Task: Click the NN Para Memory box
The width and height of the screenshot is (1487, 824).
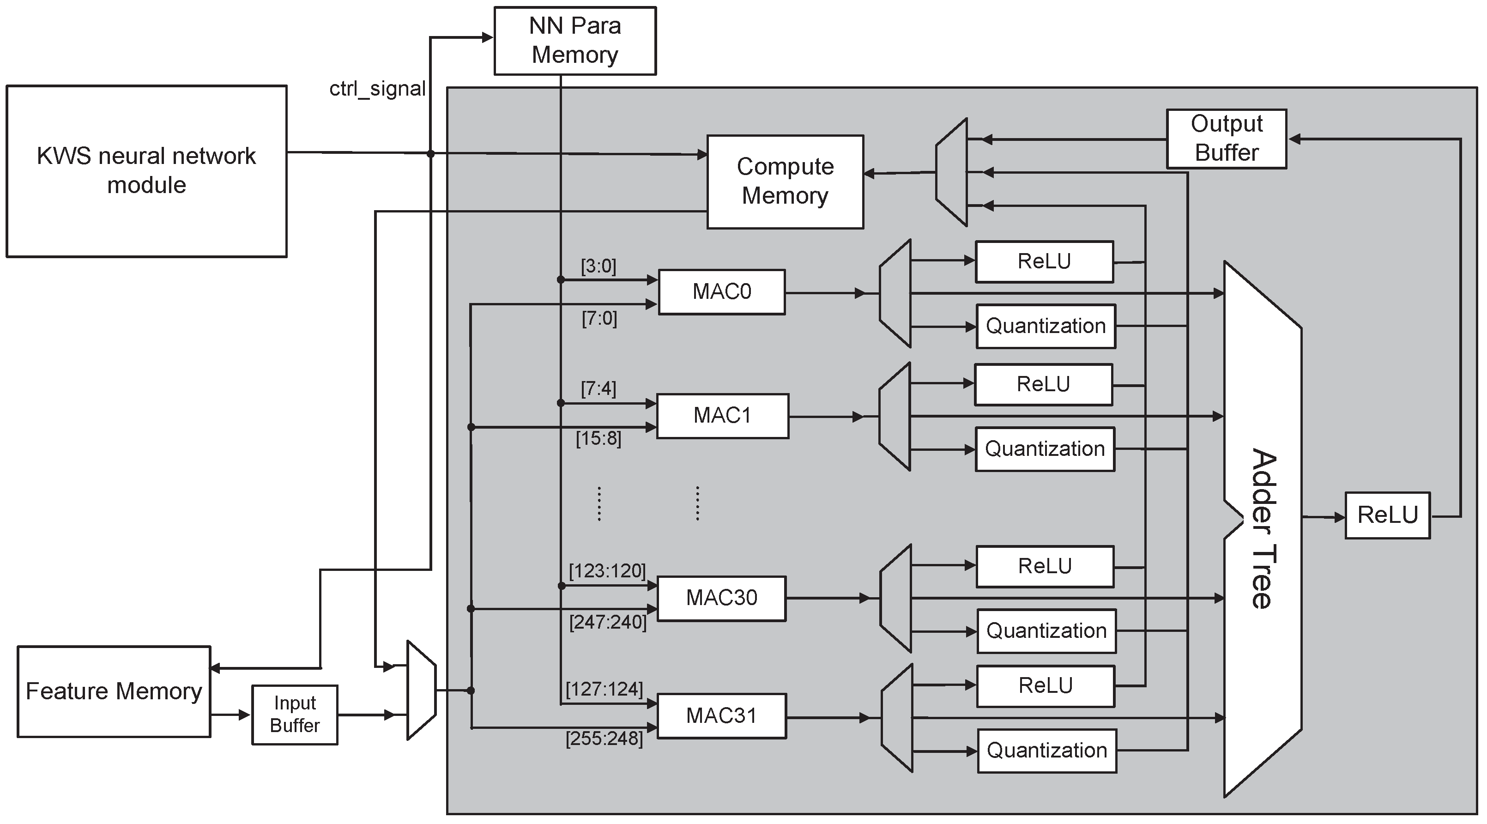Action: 575,41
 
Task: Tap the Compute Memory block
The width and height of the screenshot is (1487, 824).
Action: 785,182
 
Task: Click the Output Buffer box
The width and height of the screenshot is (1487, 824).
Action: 1226,139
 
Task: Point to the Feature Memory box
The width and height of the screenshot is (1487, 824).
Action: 114,691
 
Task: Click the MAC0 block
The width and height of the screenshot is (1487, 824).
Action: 721,291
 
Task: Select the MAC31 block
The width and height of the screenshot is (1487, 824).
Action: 721,716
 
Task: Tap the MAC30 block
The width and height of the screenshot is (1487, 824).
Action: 721,598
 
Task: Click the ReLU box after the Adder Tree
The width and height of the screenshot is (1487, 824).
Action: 1387,515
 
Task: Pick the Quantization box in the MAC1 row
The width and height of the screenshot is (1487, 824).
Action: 1045,448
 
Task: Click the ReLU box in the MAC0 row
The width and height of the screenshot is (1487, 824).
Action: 1044,261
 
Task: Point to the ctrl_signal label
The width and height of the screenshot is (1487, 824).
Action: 378,89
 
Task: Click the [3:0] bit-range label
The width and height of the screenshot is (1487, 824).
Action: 598,266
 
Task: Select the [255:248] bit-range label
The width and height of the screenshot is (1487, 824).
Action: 604,739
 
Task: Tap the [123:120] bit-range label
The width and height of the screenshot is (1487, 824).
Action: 607,570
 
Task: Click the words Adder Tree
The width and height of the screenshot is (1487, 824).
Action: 1264,528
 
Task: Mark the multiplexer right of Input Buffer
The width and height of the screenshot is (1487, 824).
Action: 421,690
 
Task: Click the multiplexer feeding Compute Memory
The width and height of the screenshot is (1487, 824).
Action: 952,172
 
